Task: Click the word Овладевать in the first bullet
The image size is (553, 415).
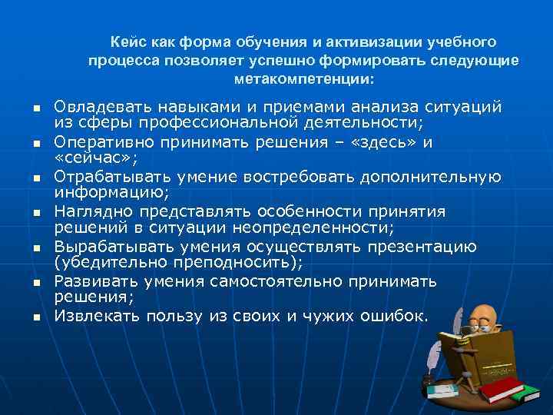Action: click(x=95, y=107)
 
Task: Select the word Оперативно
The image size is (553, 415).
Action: click(x=95, y=142)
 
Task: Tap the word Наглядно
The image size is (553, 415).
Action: click(x=87, y=211)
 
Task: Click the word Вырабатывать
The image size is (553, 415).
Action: click(x=101, y=247)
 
